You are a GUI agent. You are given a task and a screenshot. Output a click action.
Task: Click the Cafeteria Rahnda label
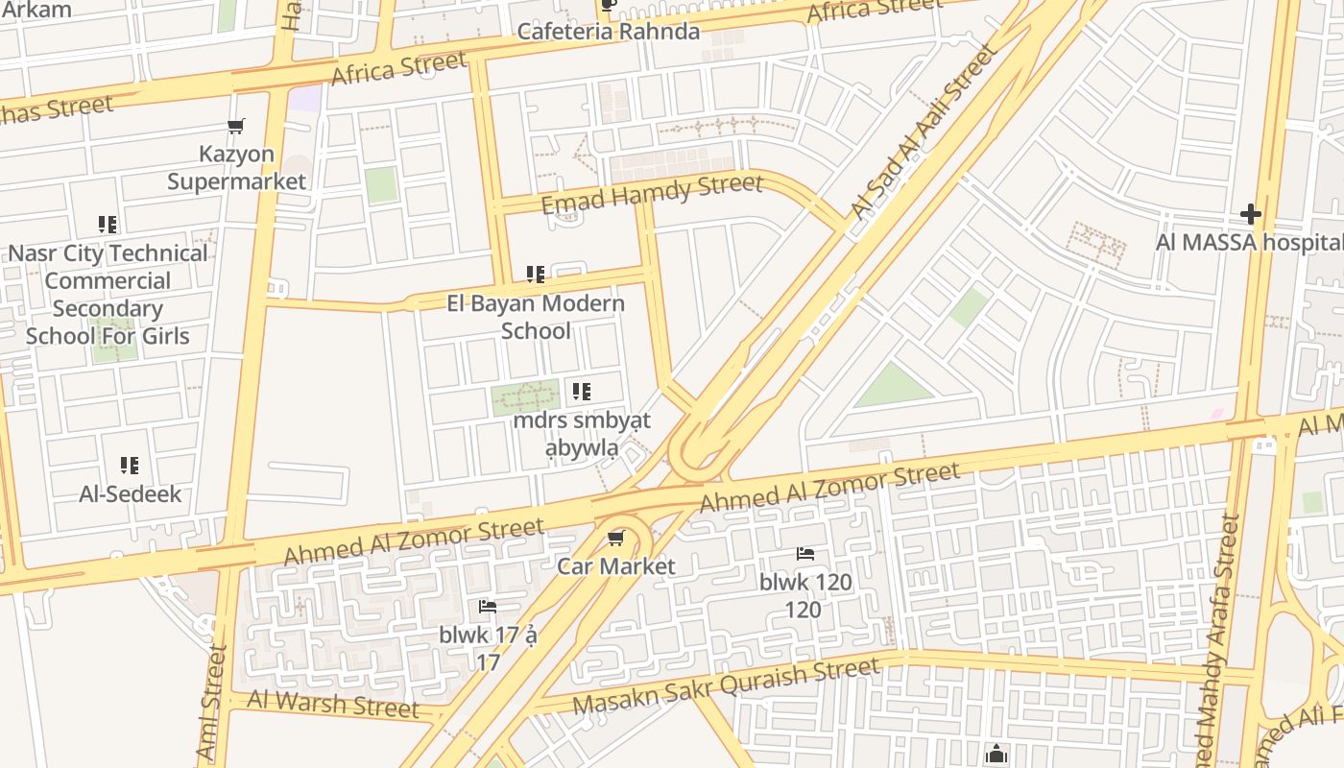point(609,31)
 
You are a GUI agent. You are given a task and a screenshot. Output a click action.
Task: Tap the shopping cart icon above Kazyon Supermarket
point(236,126)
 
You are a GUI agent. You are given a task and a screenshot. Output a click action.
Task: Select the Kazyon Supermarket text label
point(236,168)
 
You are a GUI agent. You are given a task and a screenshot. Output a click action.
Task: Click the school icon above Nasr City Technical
point(108,225)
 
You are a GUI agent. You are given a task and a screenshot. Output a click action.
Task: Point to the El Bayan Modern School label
point(536,317)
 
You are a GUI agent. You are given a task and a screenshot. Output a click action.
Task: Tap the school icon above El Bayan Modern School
point(536,275)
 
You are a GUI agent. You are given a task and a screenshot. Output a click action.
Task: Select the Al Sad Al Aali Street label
point(924,133)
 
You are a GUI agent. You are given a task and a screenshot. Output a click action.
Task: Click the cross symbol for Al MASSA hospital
point(1250,213)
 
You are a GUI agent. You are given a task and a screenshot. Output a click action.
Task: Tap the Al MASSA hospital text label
point(1248,242)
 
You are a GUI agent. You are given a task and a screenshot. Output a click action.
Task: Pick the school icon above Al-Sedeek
point(130,466)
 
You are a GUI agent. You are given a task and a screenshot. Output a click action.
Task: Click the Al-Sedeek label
point(130,494)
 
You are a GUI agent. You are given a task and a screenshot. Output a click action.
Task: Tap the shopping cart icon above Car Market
point(616,538)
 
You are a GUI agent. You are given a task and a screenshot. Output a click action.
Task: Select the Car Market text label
point(616,566)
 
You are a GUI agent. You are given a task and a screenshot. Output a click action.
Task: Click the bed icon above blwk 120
point(805,554)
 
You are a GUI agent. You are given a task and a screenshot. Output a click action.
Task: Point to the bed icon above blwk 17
point(488,607)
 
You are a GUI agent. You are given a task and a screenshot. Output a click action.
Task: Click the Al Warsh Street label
point(333,703)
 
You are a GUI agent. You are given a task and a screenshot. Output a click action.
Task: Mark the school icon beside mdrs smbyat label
point(582,392)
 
